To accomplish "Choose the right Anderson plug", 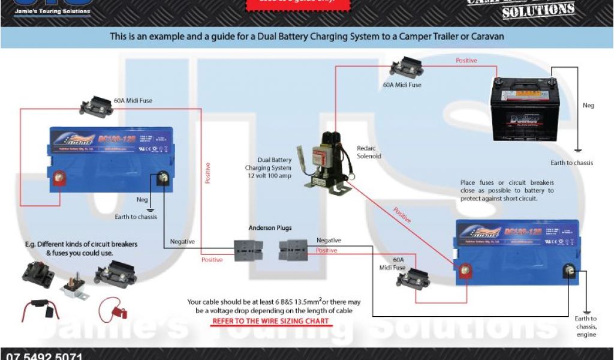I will tap(294, 250).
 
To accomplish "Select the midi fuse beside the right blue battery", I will tap(412, 278).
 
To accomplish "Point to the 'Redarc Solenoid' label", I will tap(369, 151).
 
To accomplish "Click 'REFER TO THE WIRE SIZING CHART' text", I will tap(270, 321).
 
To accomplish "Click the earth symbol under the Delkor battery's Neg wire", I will tap(577, 150).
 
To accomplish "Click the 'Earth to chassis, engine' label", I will tap(585, 326).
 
